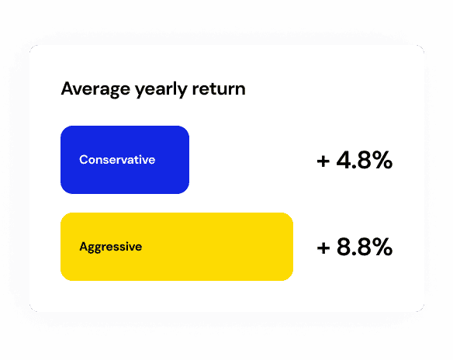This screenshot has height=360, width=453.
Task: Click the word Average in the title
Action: (x=95, y=89)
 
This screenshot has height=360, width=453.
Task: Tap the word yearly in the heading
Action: (x=161, y=89)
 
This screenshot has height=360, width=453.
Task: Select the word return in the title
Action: (x=219, y=89)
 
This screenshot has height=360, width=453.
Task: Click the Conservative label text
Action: (x=117, y=160)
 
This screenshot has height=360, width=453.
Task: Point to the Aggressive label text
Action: (x=111, y=247)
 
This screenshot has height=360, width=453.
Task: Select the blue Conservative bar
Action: (x=125, y=160)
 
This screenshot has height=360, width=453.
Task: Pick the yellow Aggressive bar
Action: (x=177, y=247)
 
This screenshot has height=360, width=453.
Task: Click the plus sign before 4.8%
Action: (x=323, y=161)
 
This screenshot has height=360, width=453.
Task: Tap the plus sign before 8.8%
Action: (x=323, y=248)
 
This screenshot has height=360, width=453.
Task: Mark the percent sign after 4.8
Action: (x=381, y=160)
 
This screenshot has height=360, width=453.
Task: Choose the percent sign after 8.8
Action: (x=381, y=247)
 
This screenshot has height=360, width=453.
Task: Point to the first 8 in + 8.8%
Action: (x=344, y=247)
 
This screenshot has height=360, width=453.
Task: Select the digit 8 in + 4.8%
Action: (x=362, y=160)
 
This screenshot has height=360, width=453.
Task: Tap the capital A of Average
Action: (x=67, y=88)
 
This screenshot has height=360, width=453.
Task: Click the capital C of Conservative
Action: (x=84, y=160)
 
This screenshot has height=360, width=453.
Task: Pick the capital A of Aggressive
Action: (x=84, y=247)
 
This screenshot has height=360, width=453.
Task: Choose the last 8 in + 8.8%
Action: (x=362, y=247)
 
